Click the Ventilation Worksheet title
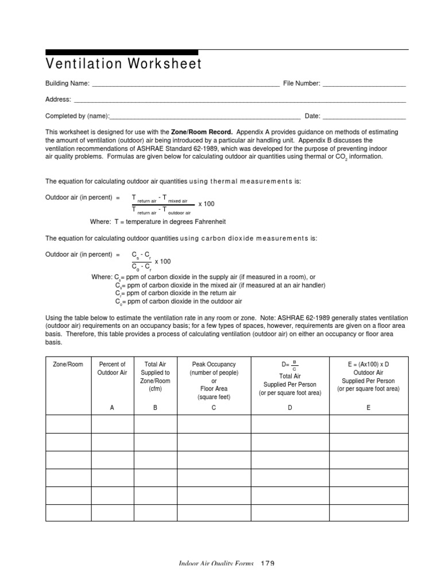click(x=123, y=64)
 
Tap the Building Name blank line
click(x=185, y=84)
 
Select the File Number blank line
click(x=364, y=84)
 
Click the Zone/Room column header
click(x=68, y=365)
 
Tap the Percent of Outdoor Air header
click(x=113, y=369)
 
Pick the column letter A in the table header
click(x=113, y=407)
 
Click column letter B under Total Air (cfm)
click(x=155, y=407)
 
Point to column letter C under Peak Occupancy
click(x=214, y=407)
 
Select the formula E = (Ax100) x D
click(x=368, y=365)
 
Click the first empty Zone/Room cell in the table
click(x=68, y=424)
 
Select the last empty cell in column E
click(x=368, y=512)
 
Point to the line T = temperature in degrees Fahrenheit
click(x=158, y=221)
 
